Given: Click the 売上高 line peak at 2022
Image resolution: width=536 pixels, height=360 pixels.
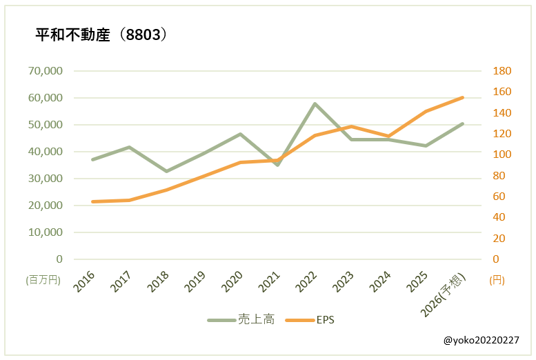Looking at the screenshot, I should pos(315,104).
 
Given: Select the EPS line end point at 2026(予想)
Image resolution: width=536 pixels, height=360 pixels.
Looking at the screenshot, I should pos(462,97).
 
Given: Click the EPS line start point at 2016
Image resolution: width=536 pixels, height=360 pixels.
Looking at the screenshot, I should pos(92,201).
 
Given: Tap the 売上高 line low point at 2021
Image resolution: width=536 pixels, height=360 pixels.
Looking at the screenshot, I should pos(277,165).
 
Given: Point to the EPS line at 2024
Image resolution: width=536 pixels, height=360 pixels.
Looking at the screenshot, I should pos(388,137).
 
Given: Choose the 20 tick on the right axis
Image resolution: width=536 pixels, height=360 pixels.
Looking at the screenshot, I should pos(498,239).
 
